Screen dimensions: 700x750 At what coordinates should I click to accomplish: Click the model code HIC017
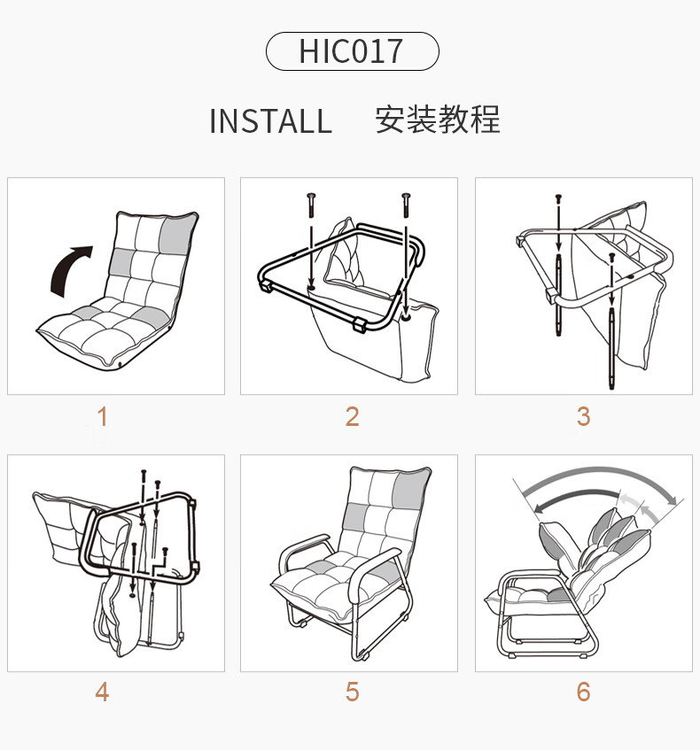point(351,51)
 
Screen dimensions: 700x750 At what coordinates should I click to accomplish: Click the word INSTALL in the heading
point(270,121)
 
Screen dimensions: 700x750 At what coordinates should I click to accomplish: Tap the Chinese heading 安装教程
point(438,120)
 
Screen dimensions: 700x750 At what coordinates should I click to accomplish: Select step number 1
point(103,416)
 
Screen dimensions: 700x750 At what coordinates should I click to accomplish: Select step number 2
point(352,416)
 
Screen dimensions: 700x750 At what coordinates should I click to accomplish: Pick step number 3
point(583,416)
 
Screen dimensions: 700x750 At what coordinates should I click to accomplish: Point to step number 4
point(102,692)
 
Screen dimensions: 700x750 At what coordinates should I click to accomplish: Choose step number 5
point(352,692)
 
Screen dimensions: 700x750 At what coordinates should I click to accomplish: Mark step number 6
point(583,692)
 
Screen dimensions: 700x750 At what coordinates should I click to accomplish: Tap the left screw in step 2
point(312,205)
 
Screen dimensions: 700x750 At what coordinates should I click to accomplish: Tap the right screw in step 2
point(406,205)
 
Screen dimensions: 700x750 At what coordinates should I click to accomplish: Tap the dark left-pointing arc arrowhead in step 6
point(539,508)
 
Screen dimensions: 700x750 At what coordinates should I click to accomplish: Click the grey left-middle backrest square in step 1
point(121,262)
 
